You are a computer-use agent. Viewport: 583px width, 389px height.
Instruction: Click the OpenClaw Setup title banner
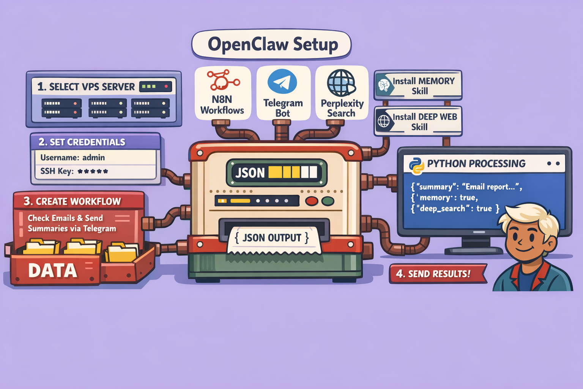[272, 44]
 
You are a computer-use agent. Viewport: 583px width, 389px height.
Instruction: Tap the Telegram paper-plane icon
[282, 81]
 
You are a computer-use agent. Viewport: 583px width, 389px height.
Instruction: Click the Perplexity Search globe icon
[341, 82]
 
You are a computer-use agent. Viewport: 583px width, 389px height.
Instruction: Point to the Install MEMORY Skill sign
[418, 85]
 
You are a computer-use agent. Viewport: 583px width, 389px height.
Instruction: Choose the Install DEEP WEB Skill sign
[418, 122]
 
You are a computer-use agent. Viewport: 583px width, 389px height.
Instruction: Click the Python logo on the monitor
[416, 165]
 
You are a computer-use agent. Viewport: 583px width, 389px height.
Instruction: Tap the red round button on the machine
[312, 201]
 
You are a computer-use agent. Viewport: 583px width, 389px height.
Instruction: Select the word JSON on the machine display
[250, 173]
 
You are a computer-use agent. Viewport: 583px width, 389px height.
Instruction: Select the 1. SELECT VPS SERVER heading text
[86, 87]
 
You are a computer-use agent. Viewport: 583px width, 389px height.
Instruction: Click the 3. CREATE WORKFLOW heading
[72, 201]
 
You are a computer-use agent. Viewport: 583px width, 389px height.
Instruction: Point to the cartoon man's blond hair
[531, 217]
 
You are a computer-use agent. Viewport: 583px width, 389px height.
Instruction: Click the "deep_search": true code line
[455, 209]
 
